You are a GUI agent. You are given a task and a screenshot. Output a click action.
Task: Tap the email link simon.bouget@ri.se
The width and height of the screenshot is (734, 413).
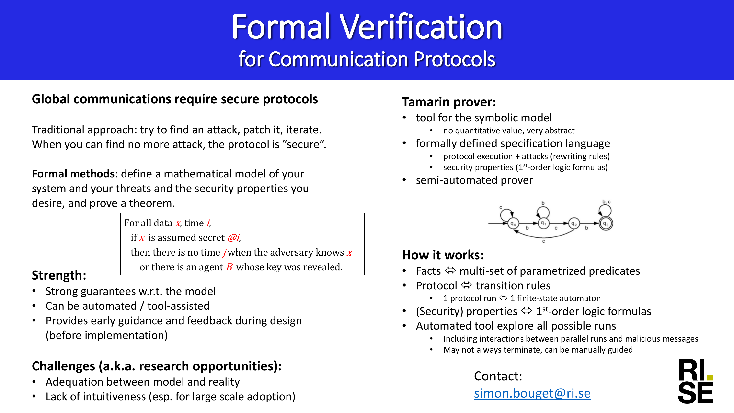tap(532, 393)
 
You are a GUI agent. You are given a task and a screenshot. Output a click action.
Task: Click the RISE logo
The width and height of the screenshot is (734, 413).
tap(695, 381)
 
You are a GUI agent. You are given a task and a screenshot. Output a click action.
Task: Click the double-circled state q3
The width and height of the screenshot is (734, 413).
tap(606, 224)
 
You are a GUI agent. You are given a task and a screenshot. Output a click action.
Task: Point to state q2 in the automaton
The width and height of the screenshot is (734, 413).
tap(574, 224)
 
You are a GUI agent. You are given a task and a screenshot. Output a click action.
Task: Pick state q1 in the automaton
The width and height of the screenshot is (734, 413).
tap(543, 224)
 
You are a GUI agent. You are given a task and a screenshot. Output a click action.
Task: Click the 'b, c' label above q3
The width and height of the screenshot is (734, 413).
tap(606, 202)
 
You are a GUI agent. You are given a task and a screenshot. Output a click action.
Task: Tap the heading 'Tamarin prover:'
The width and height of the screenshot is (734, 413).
tap(449, 102)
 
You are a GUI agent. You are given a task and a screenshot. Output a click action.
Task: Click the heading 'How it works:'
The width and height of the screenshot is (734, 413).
tap(443, 255)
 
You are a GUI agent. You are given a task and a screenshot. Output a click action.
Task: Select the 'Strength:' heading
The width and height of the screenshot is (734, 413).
tap(59, 275)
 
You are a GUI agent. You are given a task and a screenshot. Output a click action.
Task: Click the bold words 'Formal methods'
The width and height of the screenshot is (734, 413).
tap(73, 174)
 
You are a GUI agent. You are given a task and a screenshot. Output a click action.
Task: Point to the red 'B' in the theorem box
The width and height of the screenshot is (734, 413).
tap(230, 267)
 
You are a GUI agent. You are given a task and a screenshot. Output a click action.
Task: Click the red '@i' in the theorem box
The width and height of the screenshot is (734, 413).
tap(234, 237)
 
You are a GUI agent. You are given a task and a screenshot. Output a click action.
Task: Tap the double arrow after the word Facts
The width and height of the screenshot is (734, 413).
tap(450, 271)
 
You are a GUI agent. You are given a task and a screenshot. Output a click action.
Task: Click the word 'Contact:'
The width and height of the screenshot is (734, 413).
tap(498, 376)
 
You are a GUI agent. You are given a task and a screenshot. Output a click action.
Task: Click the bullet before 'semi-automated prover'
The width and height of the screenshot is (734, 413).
tap(404, 180)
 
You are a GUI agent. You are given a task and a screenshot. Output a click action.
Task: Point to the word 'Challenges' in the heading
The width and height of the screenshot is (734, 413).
tap(64, 366)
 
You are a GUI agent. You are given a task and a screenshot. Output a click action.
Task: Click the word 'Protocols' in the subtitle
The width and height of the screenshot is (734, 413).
tap(455, 59)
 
